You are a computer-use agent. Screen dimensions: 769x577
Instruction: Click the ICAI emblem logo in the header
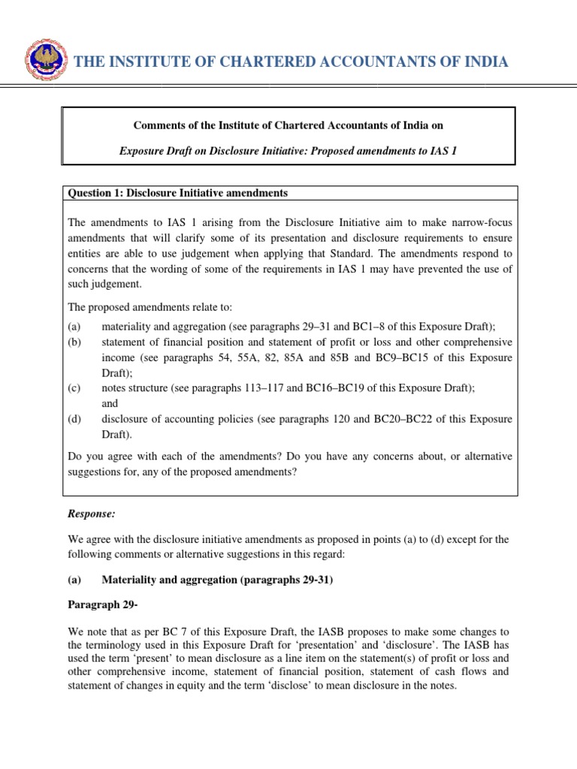tap(45, 61)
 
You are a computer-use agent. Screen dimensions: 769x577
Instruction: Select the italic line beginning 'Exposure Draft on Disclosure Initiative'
tap(288, 151)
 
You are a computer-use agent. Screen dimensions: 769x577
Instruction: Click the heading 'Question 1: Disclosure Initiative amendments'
tap(178, 193)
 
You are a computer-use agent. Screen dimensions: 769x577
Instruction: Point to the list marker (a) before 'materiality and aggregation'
tap(74, 326)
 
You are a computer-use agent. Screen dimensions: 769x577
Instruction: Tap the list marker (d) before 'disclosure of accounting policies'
tap(74, 418)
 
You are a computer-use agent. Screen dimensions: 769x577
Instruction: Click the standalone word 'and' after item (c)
tap(110, 403)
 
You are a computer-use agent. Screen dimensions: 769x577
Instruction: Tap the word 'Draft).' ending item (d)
tap(118, 433)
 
